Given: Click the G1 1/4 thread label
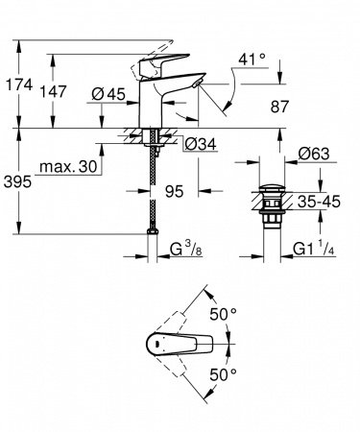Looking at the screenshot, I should (x=312, y=251).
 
